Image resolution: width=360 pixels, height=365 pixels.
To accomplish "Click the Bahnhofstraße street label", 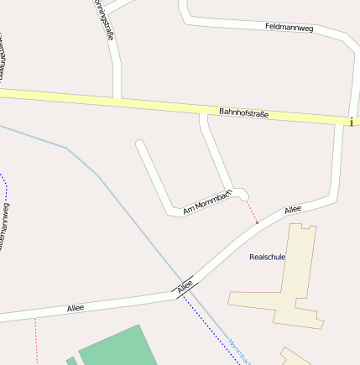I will [x=243, y=112].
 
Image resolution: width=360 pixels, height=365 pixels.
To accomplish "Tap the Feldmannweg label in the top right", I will [x=288, y=28].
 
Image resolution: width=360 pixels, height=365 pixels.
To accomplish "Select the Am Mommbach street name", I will [x=206, y=202].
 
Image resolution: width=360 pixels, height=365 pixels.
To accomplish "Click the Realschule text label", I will [x=268, y=257].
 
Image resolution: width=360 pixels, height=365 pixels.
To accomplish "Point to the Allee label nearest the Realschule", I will [x=292, y=209].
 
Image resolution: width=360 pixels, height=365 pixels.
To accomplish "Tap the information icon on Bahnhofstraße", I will [x=351, y=122].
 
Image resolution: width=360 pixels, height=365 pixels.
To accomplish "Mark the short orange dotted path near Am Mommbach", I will [x=252, y=211].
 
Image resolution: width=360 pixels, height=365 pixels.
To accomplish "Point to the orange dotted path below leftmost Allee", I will [x=36, y=340].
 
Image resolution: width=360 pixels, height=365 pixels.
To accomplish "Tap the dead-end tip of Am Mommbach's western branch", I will [x=140, y=144].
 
